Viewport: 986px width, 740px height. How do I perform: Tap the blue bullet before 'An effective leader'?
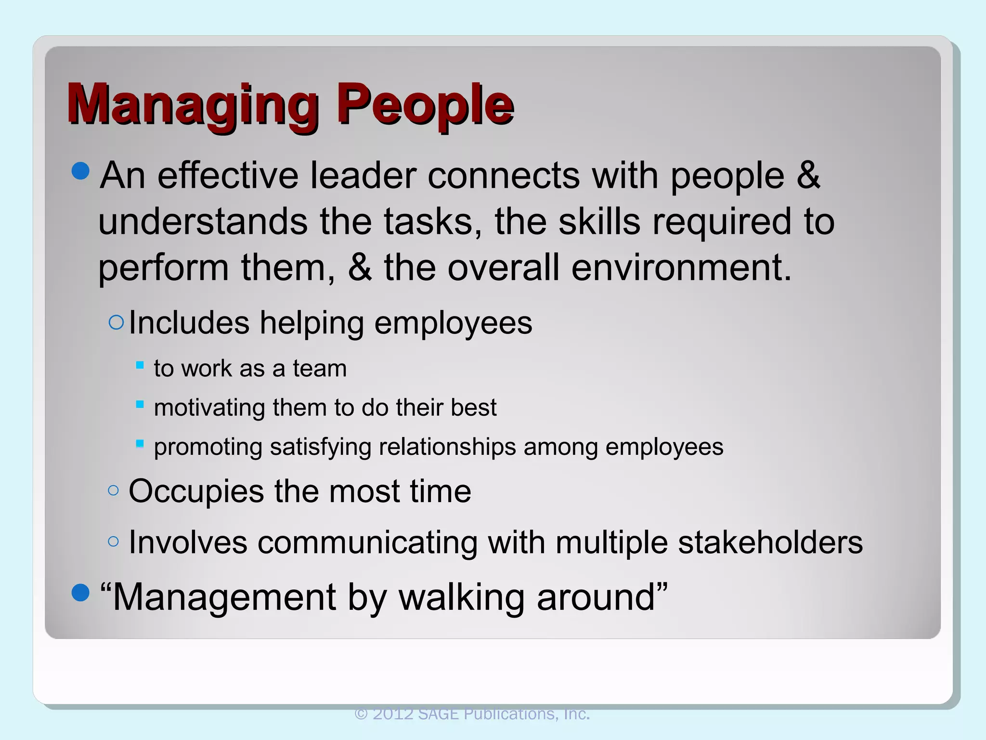80,171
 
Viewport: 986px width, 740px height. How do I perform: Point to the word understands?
203,222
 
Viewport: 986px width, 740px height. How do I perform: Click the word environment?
681,268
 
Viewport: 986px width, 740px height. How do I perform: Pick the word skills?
599,222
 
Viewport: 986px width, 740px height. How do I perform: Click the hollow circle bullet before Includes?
116,322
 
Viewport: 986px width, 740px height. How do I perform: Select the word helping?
311,323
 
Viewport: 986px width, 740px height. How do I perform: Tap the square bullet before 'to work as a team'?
140,365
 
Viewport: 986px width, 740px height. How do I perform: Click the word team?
320,369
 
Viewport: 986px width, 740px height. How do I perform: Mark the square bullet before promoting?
140,443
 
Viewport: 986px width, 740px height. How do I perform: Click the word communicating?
367,542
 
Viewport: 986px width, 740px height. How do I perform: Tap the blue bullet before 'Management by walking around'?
80,593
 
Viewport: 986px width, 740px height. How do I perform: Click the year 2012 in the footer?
393,714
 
